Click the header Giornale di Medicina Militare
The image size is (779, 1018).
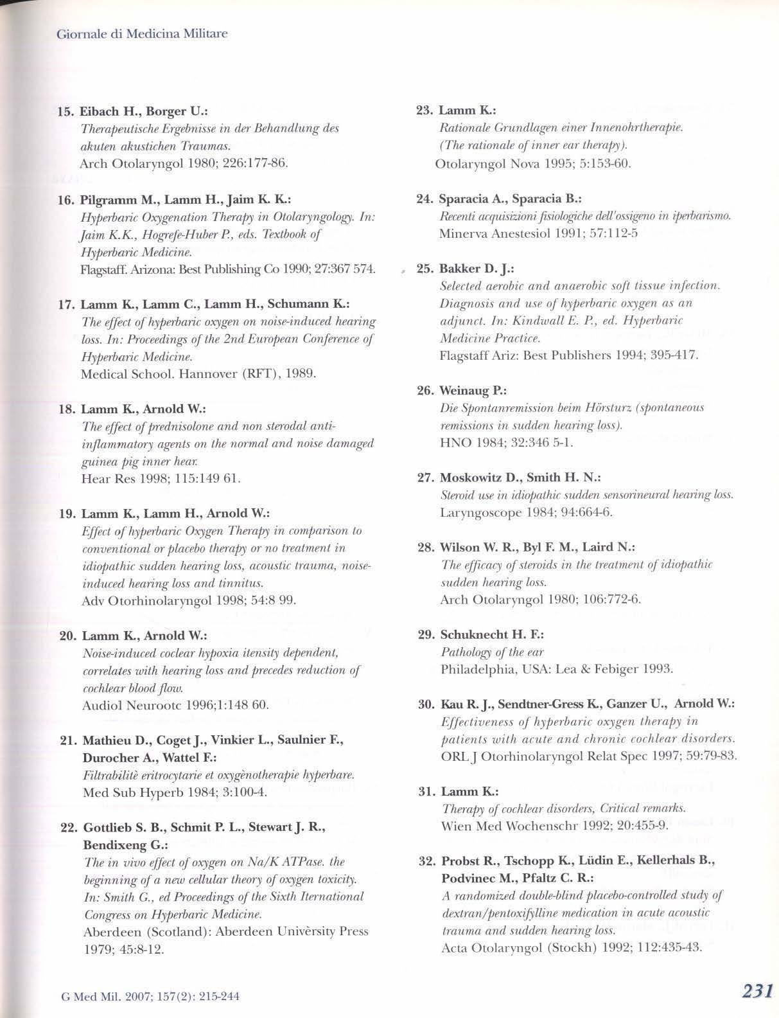(x=142, y=33)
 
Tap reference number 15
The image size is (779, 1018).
(x=66, y=111)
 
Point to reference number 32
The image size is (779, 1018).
(x=426, y=861)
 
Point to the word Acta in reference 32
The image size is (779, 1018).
(x=455, y=948)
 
